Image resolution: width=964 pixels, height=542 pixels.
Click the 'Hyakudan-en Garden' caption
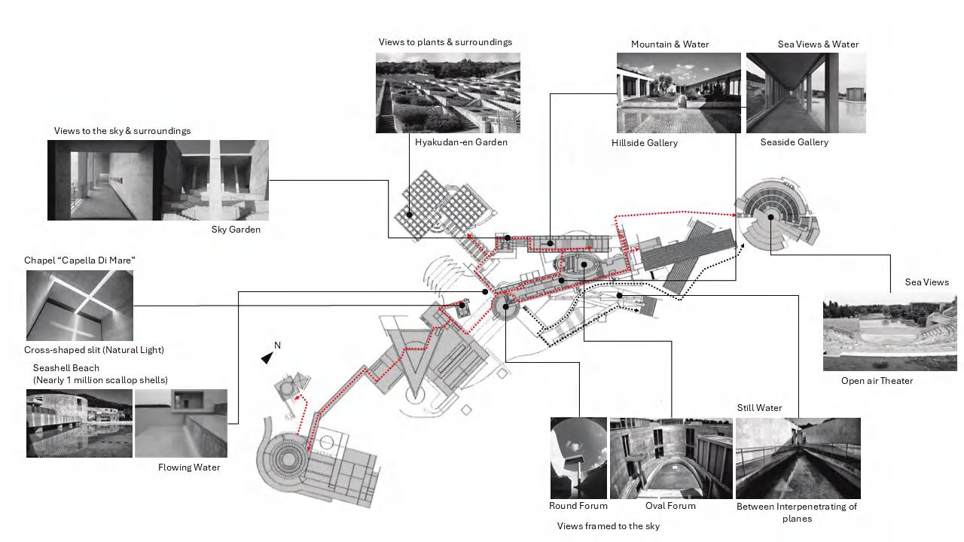tap(461, 142)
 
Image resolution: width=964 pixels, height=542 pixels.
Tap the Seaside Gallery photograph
tap(806, 93)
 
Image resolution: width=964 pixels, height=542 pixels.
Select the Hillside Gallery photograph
tap(679, 93)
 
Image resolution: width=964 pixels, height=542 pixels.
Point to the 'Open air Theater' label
tap(877, 381)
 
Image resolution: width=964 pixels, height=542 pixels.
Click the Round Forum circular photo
tap(578, 458)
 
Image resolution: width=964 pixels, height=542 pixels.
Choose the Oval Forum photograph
tap(670, 458)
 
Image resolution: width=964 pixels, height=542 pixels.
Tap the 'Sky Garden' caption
tap(236, 230)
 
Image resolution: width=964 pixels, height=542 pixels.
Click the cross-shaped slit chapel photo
tap(79, 305)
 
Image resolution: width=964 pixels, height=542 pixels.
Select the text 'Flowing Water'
tap(189, 467)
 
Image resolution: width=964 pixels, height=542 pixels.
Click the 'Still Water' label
tap(759, 408)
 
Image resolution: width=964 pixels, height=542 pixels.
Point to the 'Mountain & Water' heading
tap(670, 44)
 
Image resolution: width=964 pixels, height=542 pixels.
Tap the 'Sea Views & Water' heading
tap(818, 44)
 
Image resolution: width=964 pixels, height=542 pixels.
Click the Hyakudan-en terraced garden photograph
tap(447, 93)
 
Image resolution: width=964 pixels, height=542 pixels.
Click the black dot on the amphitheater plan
tap(771, 218)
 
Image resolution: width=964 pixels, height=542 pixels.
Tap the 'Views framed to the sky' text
tap(608, 526)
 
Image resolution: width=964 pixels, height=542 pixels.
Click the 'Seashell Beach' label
tap(66, 368)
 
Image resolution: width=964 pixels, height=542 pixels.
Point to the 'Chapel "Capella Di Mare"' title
tap(80, 260)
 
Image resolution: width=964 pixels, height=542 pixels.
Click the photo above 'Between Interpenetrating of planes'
tap(798, 458)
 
